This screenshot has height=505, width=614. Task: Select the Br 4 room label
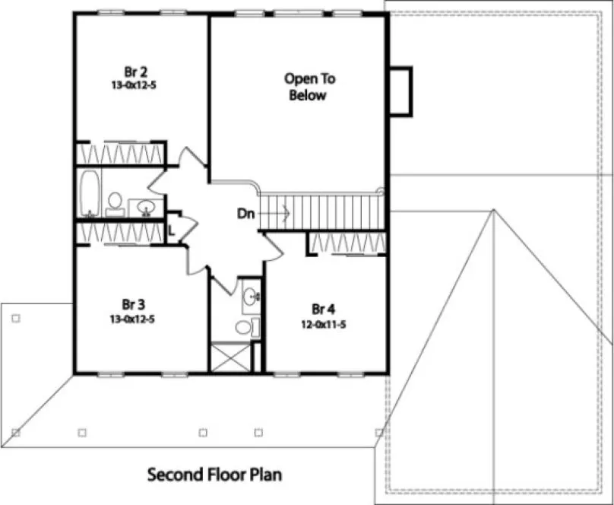pyautogui.click(x=324, y=308)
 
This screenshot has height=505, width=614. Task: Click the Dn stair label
pyautogui.click(x=245, y=214)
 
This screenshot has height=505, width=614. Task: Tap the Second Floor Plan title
pyautogui.click(x=214, y=475)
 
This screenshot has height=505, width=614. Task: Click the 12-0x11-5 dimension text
pyautogui.click(x=324, y=323)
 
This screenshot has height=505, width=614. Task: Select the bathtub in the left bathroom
pyautogui.click(x=90, y=195)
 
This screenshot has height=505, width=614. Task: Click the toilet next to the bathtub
pyautogui.click(x=116, y=203)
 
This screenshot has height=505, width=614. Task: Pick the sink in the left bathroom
pyautogui.click(x=144, y=206)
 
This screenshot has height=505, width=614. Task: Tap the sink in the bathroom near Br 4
pyautogui.click(x=249, y=298)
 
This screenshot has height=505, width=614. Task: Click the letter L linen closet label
pyautogui.click(x=172, y=227)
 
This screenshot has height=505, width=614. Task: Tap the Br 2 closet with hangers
pyautogui.click(x=119, y=153)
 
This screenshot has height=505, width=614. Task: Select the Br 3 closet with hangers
pyautogui.click(x=119, y=233)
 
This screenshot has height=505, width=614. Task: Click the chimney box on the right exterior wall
pyautogui.click(x=400, y=91)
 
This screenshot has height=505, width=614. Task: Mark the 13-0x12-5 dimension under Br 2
pyautogui.click(x=133, y=85)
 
